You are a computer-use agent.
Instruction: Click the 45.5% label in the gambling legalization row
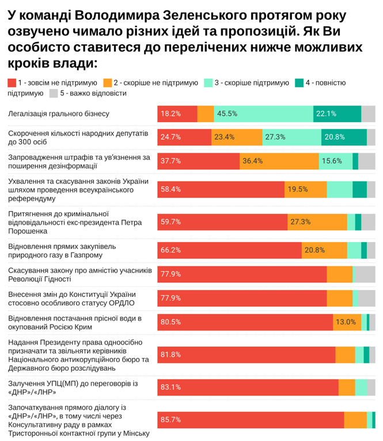tap(228, 114)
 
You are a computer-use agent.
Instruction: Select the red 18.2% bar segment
tap(177, 114)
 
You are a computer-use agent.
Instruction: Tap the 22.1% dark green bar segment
tap(338, 114)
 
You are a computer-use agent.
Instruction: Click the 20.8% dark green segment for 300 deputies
tap(344, 137)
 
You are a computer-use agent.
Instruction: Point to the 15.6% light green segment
tap(335, 161)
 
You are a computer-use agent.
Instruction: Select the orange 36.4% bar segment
tap(279, 161)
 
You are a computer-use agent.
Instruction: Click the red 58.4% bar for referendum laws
tap(221, 189)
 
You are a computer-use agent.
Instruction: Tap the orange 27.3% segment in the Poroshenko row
tap(317, 222)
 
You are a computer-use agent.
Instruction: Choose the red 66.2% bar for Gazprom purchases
tap(230, 250)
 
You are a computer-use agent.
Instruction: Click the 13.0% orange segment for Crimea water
tap(347, 322)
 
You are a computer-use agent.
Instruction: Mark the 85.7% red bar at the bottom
tap(251, 420)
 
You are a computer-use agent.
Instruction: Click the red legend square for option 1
tap(12, 83)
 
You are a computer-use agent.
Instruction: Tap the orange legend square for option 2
tap(108, 83)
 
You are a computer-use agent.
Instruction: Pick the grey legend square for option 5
tap(53, 93)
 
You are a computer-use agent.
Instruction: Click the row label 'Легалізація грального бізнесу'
tap(59, 114)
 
